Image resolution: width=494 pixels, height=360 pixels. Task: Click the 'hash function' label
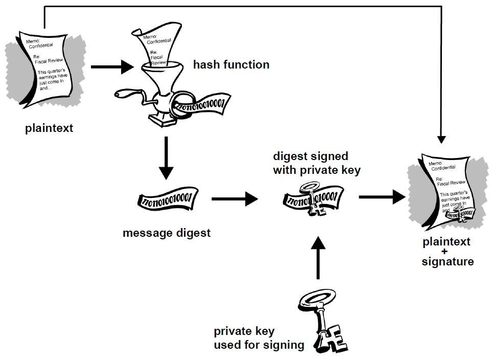pyautogui.click(x=231, y=65)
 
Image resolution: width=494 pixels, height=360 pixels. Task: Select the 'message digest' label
pyautogui.click(x=167, y=233)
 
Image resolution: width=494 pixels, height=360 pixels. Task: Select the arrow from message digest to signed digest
pyautogui.click(x=235, y=198)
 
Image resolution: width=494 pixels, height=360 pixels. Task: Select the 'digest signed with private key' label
pyautogui.click(x=316, y=163)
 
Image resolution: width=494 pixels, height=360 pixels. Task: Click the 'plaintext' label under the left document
pyautogui.click(x=49, y=128)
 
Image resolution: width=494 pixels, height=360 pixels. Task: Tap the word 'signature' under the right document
pyautogui.click(x=448, y=262)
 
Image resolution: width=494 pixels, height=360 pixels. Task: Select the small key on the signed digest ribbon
pyautogui.click(x=313, y=202)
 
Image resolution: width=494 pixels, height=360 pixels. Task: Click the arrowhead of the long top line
pyautogui.click(x=442, y=140)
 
